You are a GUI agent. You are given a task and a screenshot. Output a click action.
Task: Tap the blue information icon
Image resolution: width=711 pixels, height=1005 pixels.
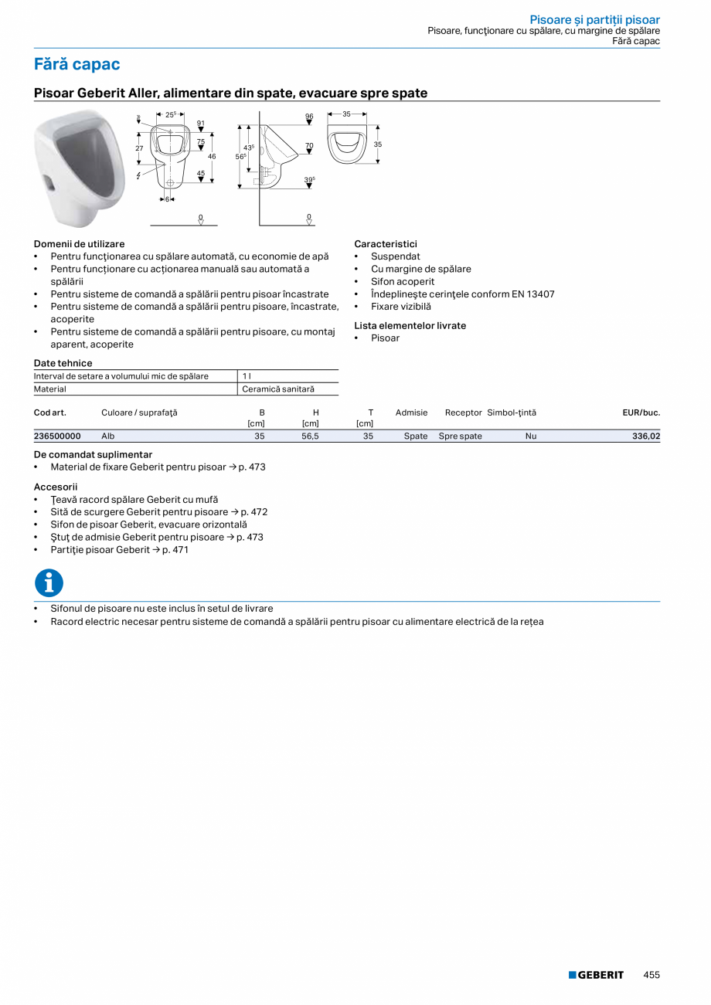49,582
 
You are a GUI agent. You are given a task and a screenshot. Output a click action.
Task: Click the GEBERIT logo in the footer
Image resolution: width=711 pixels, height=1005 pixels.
596,975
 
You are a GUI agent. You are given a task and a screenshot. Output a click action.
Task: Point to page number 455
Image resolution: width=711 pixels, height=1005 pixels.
651,975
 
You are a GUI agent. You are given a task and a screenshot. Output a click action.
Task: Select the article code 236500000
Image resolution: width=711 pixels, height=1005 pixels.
57,436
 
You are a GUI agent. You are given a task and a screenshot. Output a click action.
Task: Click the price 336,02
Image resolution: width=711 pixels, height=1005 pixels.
646,436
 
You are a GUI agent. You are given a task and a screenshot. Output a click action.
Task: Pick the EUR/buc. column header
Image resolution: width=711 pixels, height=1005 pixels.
641,413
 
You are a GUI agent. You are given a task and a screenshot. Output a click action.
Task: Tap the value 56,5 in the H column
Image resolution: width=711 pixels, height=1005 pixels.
310,436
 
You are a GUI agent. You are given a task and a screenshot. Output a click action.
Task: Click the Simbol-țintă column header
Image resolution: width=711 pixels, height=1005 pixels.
512,413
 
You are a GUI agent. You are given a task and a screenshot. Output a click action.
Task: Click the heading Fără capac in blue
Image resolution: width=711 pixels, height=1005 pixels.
77,64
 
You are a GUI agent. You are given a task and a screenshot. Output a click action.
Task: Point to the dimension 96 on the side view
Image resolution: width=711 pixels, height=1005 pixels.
308,117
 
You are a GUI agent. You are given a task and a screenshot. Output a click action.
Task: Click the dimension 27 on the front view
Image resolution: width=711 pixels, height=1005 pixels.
139,148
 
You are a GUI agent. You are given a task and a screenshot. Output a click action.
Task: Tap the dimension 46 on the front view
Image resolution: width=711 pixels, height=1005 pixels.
212,157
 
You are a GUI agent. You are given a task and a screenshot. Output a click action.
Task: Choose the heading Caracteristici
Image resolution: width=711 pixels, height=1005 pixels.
386,244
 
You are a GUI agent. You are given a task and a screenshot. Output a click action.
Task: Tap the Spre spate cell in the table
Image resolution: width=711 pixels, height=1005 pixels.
460,436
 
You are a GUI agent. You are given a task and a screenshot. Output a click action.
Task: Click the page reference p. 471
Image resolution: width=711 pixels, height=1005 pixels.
175,550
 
